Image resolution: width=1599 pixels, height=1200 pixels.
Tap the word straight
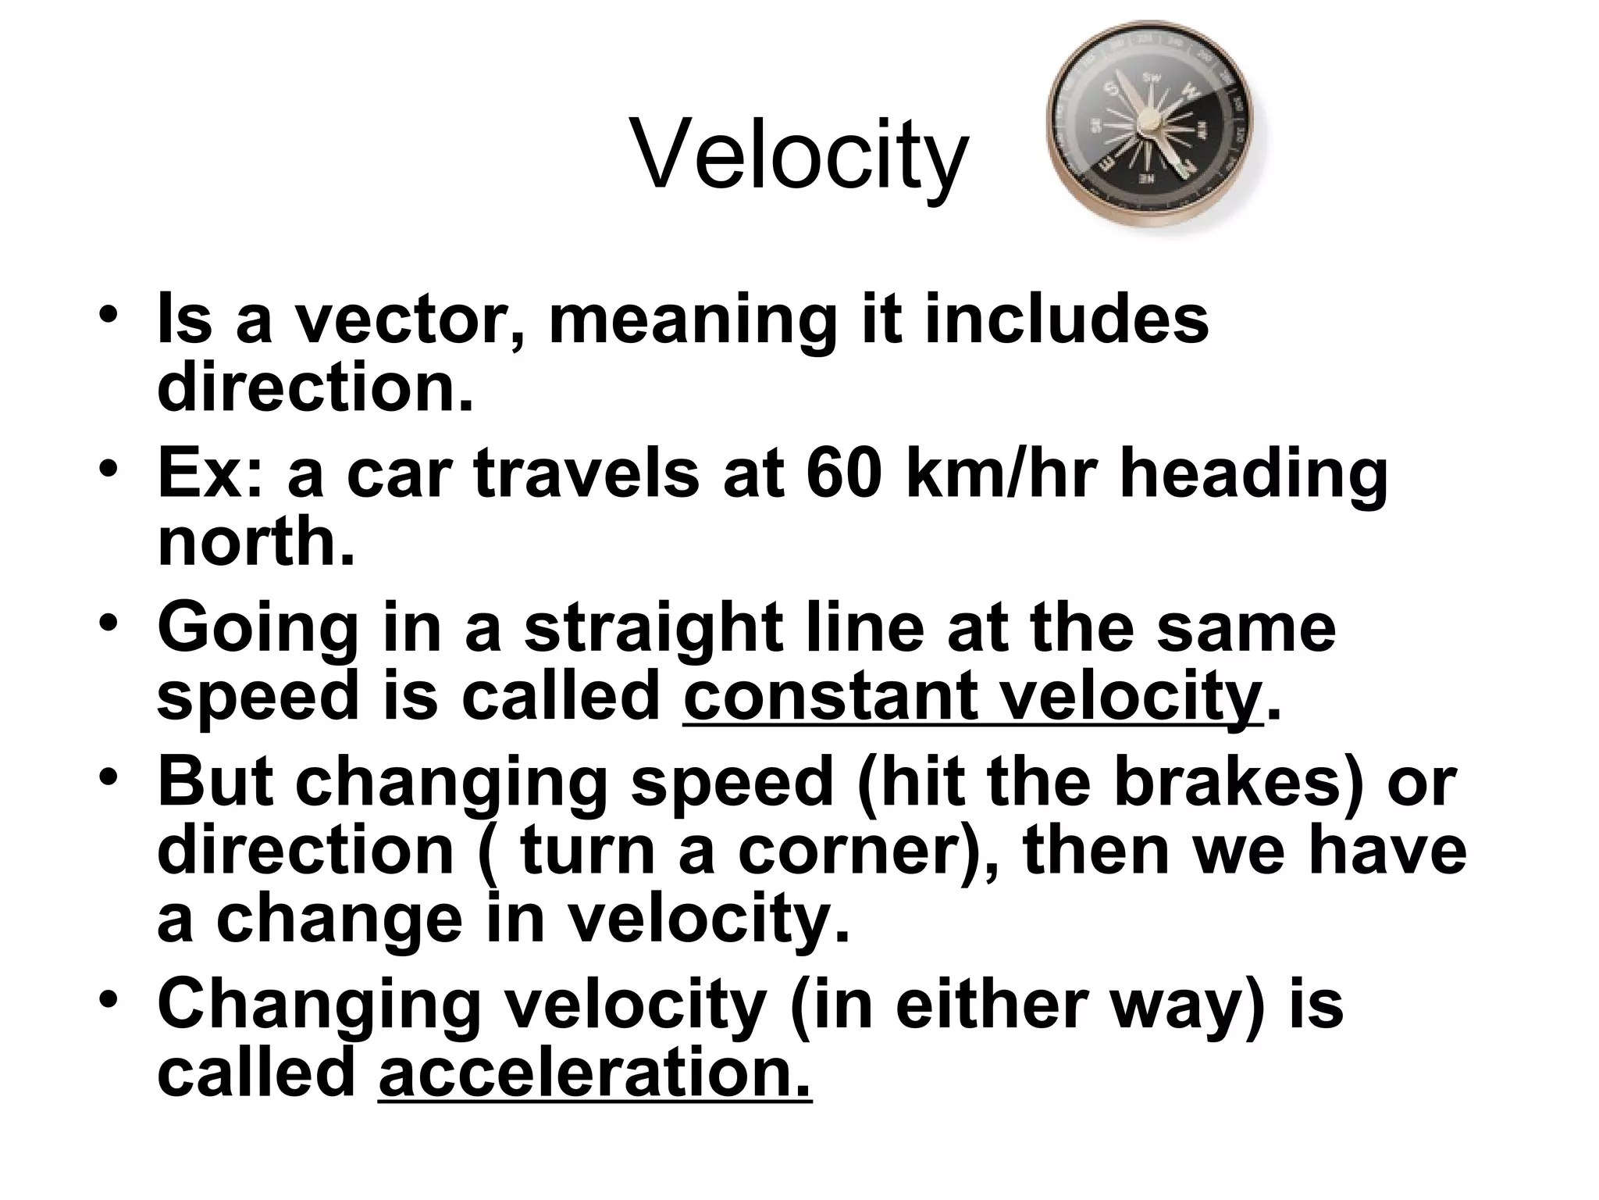pyautogui.click(x=653, y=627)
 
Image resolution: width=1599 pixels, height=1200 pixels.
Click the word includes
pyautogui.click(x=1067, y=320)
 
